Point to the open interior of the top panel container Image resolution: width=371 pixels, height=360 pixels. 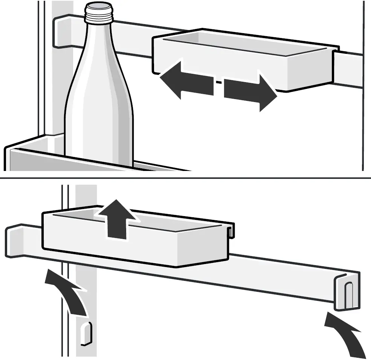click(245, 45)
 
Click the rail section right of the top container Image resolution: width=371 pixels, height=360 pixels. click(350, 68)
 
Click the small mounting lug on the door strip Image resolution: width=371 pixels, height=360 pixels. click(85, 333)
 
